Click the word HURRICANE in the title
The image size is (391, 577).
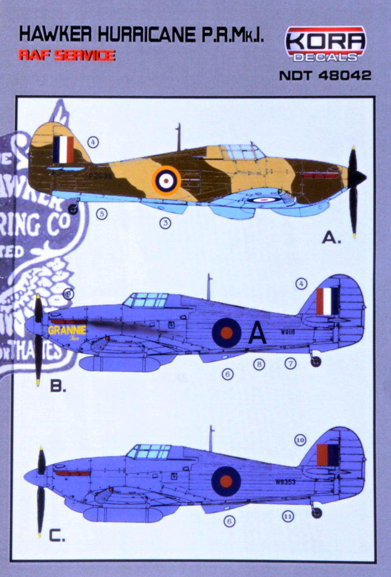click(141, 36)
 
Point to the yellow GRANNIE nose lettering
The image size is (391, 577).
click(67, 331)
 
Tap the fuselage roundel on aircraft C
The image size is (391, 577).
click(226, 481)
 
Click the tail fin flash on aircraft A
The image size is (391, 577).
click(63, 149)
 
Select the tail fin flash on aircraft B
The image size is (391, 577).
click(328, 301)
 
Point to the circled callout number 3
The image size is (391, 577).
click(165, 223)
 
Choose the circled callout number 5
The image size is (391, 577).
click(102, 214)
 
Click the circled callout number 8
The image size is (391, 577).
click(259, 364)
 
